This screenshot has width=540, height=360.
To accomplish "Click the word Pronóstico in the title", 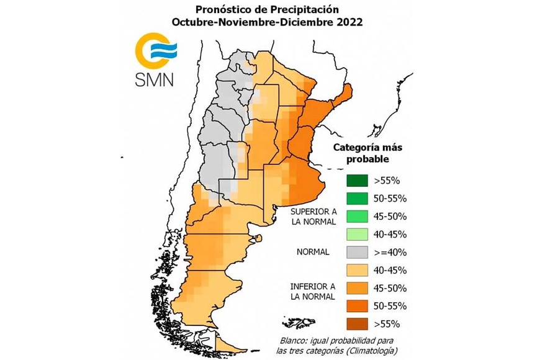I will coord(223,9).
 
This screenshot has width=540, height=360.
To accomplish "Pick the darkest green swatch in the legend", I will coord(357,181).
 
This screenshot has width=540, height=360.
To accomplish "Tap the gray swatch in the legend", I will coord(357,253).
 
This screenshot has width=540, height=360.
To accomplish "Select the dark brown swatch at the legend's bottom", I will coord(357,323).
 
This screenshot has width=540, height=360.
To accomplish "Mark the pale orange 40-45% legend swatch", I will coord(357,270).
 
